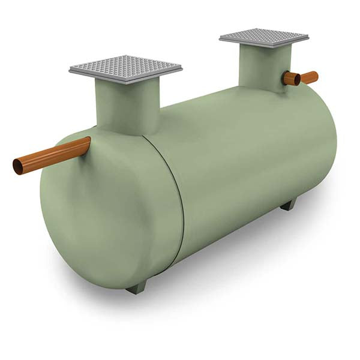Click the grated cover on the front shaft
tap(125, 67)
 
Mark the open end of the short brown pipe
tap(288, 79)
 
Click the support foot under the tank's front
tap(137, 289)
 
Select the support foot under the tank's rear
tap(288, 205)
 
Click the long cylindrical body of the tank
tap(252, 156)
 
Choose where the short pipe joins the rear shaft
tap(283, 79)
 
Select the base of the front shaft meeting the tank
tap(129, 129)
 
